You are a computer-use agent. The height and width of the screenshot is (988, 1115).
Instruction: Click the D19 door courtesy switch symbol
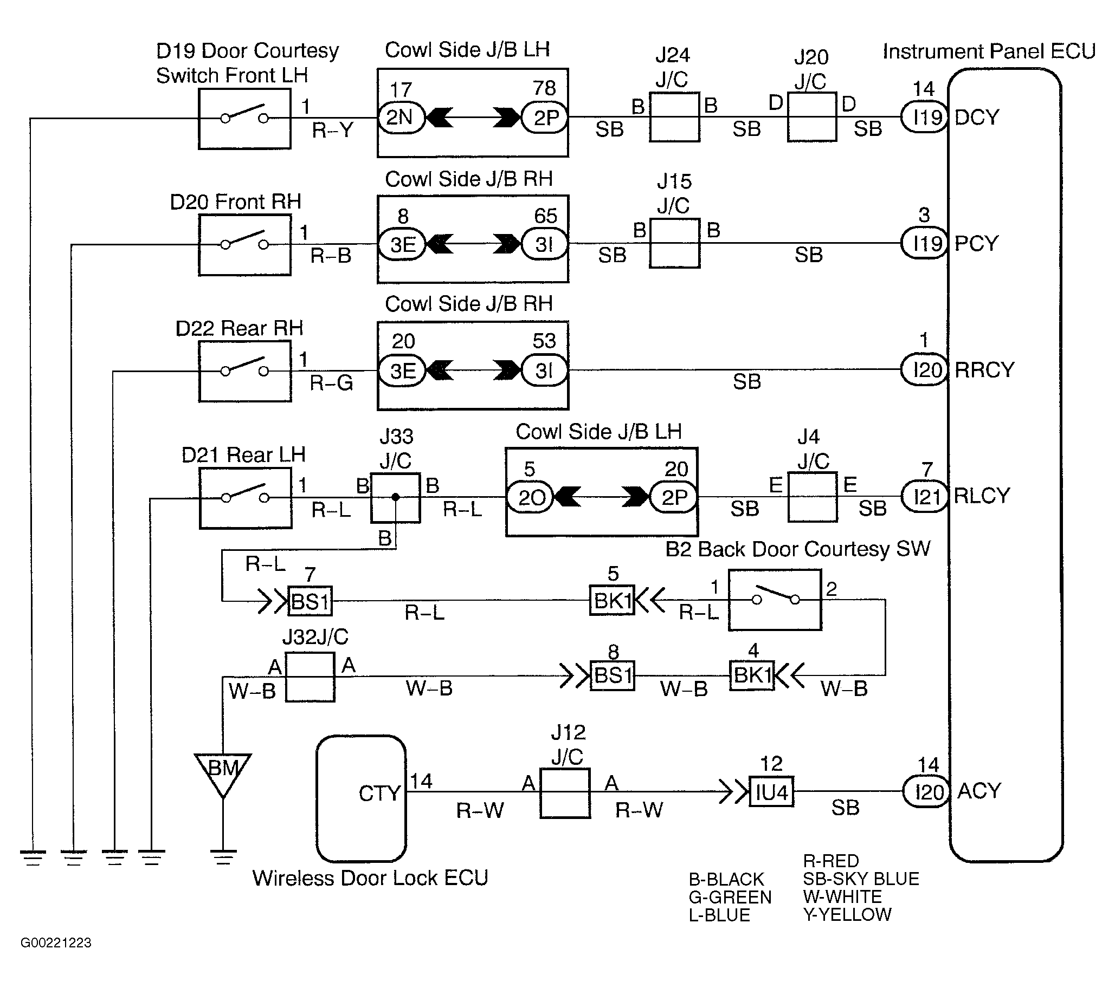coord(244,118)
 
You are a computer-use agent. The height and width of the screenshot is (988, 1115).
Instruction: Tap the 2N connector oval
coord(401,117)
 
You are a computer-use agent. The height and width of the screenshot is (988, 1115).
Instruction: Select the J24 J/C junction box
coord(674,117)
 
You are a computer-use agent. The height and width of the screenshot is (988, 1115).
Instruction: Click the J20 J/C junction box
coord(811,117)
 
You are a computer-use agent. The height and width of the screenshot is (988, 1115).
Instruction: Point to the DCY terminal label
coord(977,117)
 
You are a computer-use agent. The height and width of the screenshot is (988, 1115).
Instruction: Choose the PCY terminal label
coord(976,243)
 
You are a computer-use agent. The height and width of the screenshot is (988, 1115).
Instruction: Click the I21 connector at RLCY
coord(925,497)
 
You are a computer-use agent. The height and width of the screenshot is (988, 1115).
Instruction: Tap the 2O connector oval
coord(530,497)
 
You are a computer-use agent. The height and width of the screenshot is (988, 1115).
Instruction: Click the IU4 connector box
coord(771,792)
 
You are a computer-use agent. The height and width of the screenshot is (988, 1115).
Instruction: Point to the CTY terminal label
coord(379,794)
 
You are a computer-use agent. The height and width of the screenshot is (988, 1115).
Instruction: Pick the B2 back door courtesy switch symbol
coord(775,600)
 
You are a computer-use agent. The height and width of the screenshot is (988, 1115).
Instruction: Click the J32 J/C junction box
coord(310,677)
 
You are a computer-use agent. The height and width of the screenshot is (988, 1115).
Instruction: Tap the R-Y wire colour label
coord(333,131)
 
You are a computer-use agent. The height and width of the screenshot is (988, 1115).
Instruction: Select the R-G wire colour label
coord(331,383)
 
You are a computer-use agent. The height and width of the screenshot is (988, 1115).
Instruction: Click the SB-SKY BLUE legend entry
coord(861,879)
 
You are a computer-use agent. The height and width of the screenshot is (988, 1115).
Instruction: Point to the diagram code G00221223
coord(56,942)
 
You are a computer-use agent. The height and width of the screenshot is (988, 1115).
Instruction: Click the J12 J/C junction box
coord(565,794)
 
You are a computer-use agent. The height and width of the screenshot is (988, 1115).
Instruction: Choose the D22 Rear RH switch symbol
coord(245,372)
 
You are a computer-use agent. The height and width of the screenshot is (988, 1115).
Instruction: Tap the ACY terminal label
coord(979,791)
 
